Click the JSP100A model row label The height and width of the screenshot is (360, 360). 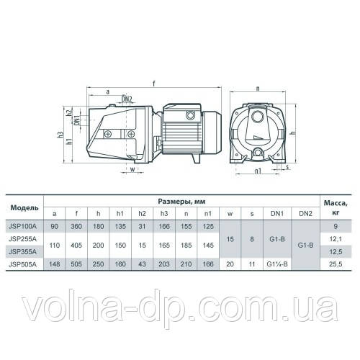pos(22,226)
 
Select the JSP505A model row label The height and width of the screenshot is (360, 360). pos(22,264)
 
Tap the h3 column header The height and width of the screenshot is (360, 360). pos(164,213)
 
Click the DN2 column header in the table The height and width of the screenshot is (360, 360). pos(305,213)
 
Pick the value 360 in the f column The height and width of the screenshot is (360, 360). pos(76,226)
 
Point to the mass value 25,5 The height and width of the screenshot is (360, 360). pos(336,264)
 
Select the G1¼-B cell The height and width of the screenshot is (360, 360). pos(277,264)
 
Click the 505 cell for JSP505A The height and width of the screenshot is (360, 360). pos(76,264)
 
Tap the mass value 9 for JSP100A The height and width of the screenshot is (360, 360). pos(336,226)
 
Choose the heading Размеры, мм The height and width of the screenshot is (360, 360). pos(181,202)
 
